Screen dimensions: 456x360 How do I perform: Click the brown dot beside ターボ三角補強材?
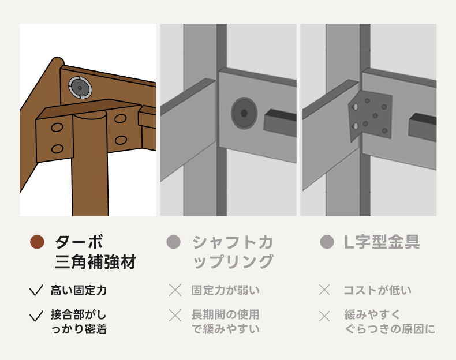click(37, 242)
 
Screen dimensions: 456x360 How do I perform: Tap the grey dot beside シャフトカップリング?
click(174, 242)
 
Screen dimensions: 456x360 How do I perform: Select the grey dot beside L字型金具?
click(327, 242)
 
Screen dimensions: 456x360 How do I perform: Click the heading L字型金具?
click(382, 242)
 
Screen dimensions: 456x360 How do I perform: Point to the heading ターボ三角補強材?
click(95, 252)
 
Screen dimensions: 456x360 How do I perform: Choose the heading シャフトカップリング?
click(233, 252)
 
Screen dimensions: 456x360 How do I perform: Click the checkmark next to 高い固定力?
click(36, 290)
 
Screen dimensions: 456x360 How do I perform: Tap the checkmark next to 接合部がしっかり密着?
click(36, 316)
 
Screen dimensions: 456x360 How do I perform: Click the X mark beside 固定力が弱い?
click(175, 290)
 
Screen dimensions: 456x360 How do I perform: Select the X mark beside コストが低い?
click(324, 290)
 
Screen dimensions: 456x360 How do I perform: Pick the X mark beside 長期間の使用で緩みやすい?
click(175, 316)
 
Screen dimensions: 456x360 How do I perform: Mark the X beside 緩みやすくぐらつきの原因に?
click(324, 316)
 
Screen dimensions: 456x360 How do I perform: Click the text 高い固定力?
click(79, 290)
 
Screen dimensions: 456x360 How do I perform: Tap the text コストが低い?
click(377, 290)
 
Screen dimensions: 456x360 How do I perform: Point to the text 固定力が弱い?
click(225, 290)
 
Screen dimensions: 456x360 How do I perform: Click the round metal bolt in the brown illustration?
click(80, 88)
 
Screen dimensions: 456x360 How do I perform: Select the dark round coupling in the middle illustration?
click(244, 113)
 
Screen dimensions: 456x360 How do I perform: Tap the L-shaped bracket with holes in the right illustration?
click(370, 116)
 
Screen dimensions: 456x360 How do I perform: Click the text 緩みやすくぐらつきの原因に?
click(390, 322)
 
